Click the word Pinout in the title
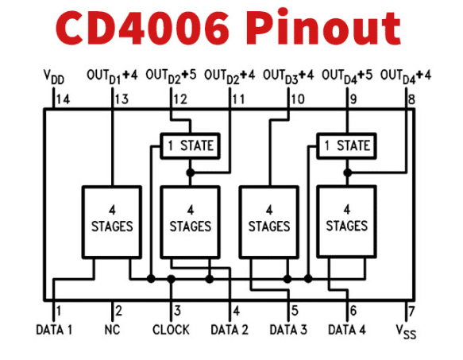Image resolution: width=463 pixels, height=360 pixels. tap(326, 27)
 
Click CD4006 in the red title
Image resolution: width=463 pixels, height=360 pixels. tap(142, 29)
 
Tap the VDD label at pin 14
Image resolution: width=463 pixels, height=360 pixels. tap(53, 77)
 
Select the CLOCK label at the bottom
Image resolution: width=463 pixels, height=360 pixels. tap(171, 330)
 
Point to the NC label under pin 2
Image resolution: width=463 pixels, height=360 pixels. tap(112, 330)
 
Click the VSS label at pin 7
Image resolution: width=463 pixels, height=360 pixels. tap(406, 331)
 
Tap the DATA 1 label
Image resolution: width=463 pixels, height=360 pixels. tap(54, 330)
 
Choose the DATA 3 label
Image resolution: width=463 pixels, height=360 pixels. tap(288, 330)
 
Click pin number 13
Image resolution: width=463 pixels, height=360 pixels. tap(122, 99)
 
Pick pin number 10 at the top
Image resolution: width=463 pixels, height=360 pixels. tap(298, 99)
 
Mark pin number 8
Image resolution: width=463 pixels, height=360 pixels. tap(411, 99)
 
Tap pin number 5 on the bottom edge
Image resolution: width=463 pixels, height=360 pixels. tap(295, 311)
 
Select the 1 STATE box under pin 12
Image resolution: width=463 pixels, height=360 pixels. tap(190, 146)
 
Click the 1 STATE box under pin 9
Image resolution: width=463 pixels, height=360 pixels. tap(346, 146)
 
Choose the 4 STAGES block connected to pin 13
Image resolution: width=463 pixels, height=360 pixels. tap(112, 222)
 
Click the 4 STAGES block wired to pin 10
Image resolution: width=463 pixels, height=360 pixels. tap(269, 222)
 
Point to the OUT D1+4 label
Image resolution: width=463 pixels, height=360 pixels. tap(112, 76)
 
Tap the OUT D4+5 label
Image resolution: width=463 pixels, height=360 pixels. tap(347, 76)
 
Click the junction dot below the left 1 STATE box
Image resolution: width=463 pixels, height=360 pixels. tap(191, 172)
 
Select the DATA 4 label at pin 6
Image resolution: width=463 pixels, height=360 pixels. tap(347, 330)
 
